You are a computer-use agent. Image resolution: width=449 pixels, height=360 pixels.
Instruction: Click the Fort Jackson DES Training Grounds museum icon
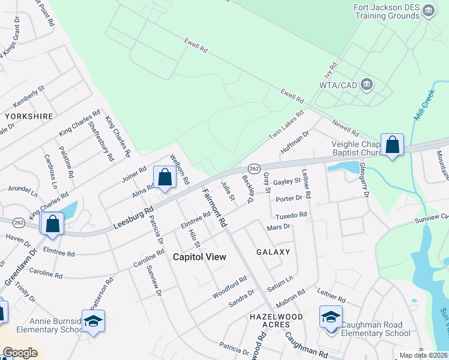click(429, 11)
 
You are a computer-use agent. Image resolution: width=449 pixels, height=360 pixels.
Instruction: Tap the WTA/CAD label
click(338, 85)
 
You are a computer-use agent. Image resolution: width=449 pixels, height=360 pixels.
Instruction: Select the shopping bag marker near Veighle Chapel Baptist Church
click(392, 145)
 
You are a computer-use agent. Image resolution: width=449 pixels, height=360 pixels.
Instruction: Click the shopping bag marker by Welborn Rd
click(164, 178)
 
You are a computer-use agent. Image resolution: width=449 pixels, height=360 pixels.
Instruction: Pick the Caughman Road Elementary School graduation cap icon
click(331, 317)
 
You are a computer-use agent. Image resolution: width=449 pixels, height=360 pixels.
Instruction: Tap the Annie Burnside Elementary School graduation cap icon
click(93, 322)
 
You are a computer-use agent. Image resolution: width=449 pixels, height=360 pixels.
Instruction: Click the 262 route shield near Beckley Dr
click(253, 169)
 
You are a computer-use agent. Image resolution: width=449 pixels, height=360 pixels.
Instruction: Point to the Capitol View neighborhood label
click(199, 257)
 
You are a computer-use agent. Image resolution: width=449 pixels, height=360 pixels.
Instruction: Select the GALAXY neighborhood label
click(273, 252)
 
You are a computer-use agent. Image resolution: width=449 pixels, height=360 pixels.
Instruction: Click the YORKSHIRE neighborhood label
click(28, 116)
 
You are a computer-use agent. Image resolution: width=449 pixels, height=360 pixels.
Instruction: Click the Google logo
click(20, 353)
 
